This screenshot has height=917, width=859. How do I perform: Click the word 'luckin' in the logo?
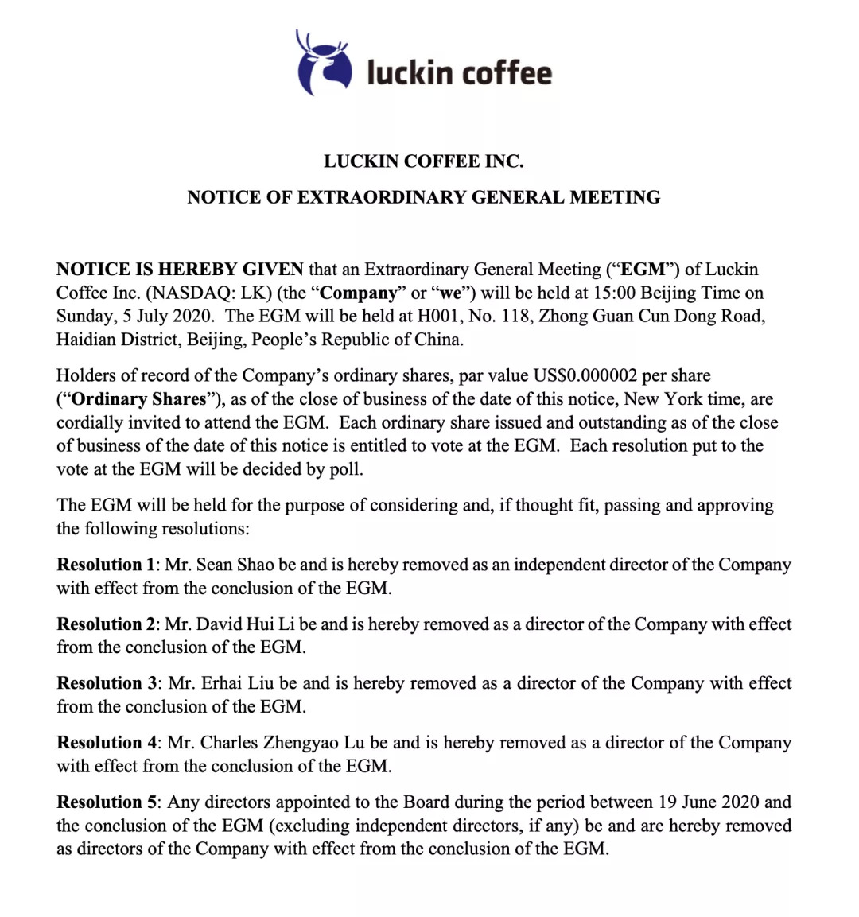(409, 72)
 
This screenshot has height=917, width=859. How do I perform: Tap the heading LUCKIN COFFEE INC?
(423, 161)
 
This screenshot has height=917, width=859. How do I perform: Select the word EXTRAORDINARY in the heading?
(382, 197)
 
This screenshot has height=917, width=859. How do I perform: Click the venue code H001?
(438, 316)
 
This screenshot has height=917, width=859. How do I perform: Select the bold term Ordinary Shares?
(140, 399)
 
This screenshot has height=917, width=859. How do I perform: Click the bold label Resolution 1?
(106, 565)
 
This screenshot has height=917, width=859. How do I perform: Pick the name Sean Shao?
(235, 565)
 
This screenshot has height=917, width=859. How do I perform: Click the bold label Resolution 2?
(106, 624)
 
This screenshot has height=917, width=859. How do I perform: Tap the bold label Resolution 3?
(107, 683)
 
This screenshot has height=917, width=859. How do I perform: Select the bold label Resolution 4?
(107, 743)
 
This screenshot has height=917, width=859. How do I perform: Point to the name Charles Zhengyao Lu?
(282, 743)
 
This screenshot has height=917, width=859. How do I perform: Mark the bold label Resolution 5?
(106, 802)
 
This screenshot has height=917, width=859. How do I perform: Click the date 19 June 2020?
(708, 802)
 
